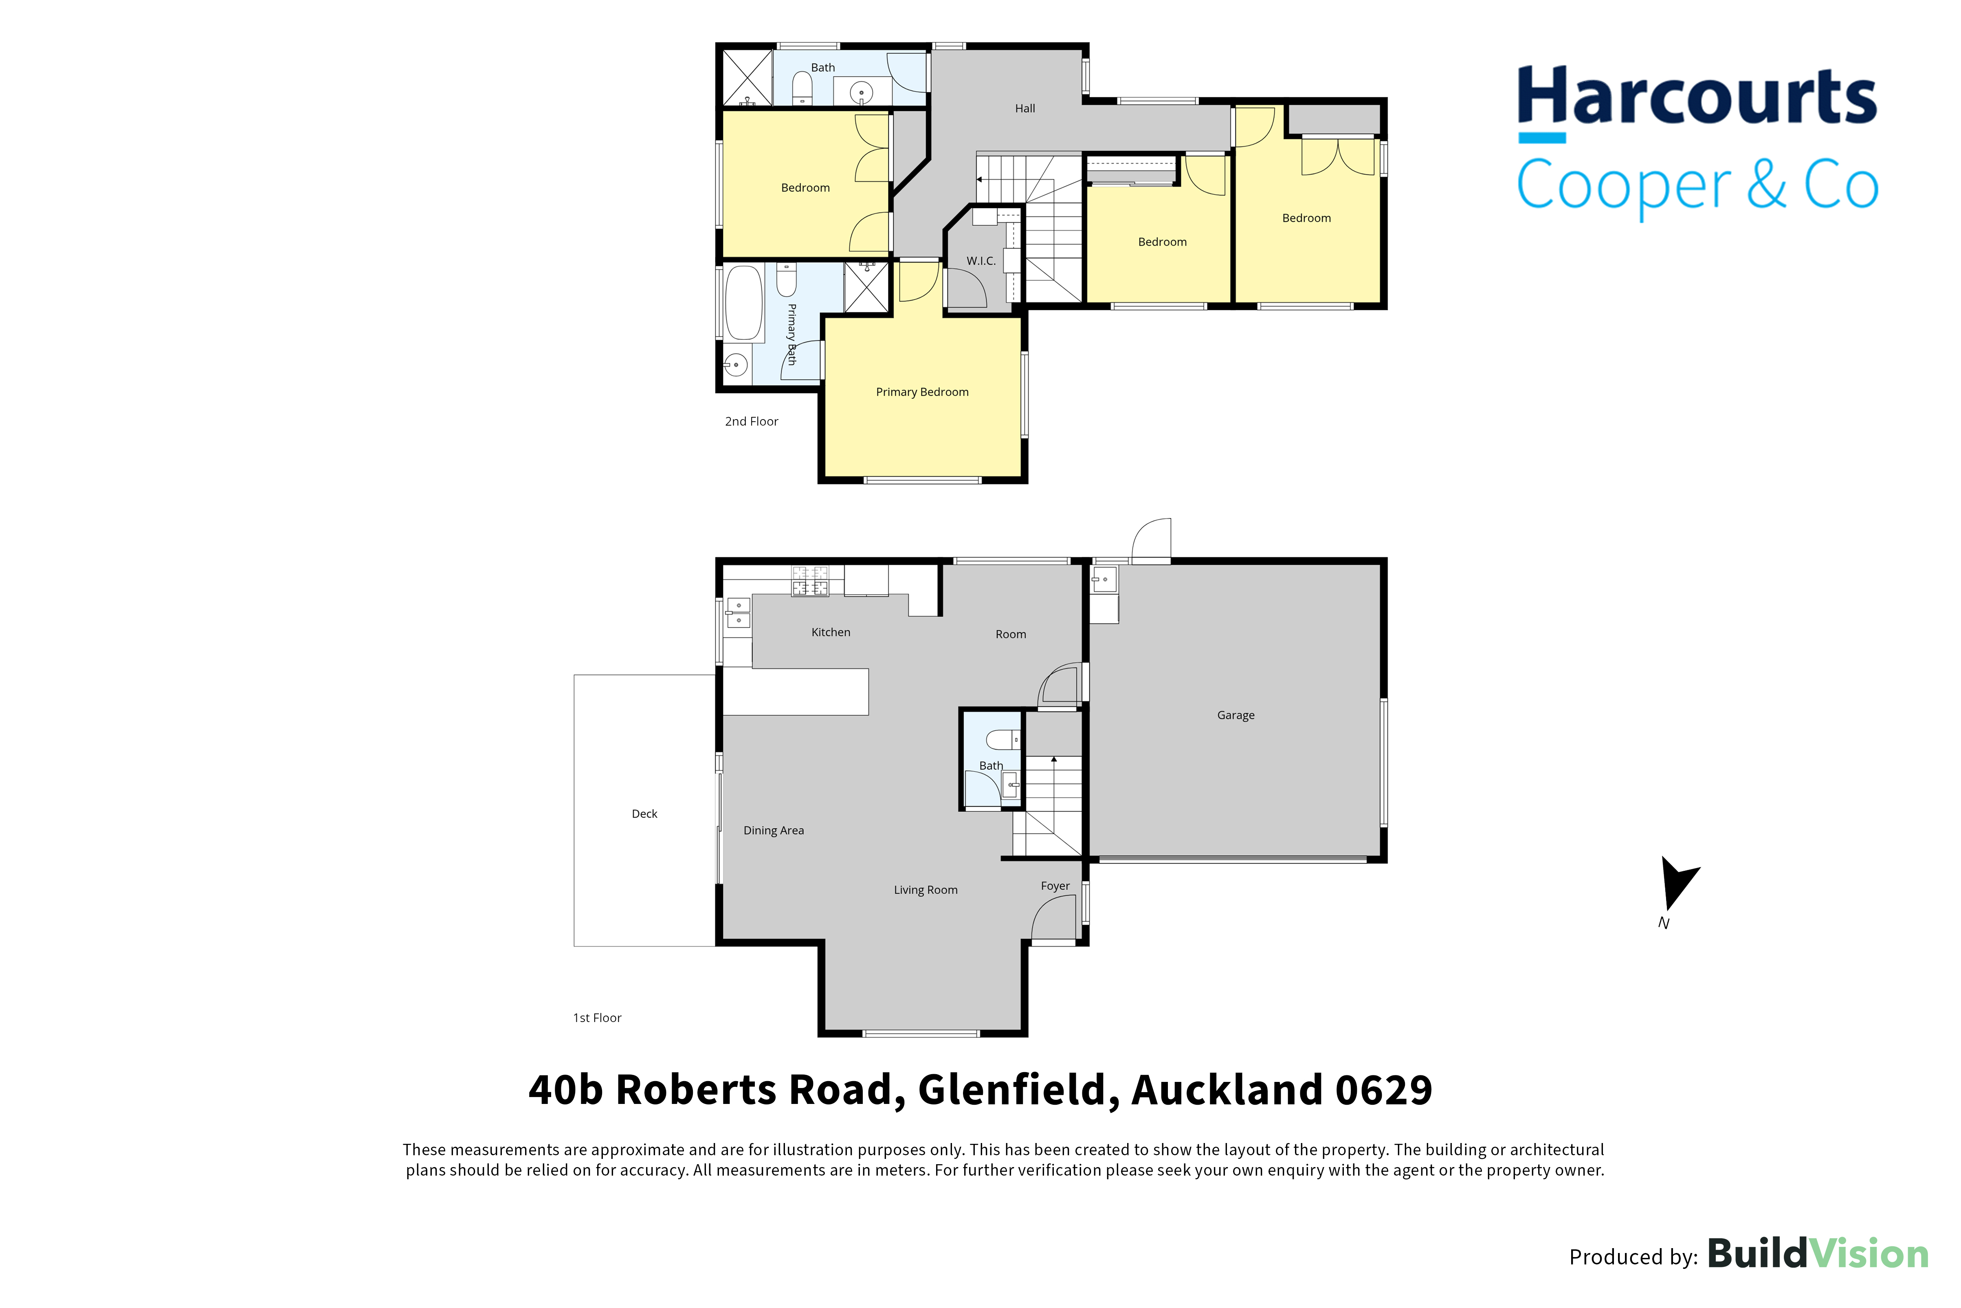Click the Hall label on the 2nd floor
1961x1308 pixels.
click(x=1025, y=108)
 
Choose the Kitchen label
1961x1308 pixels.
click(x=831, y=632)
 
